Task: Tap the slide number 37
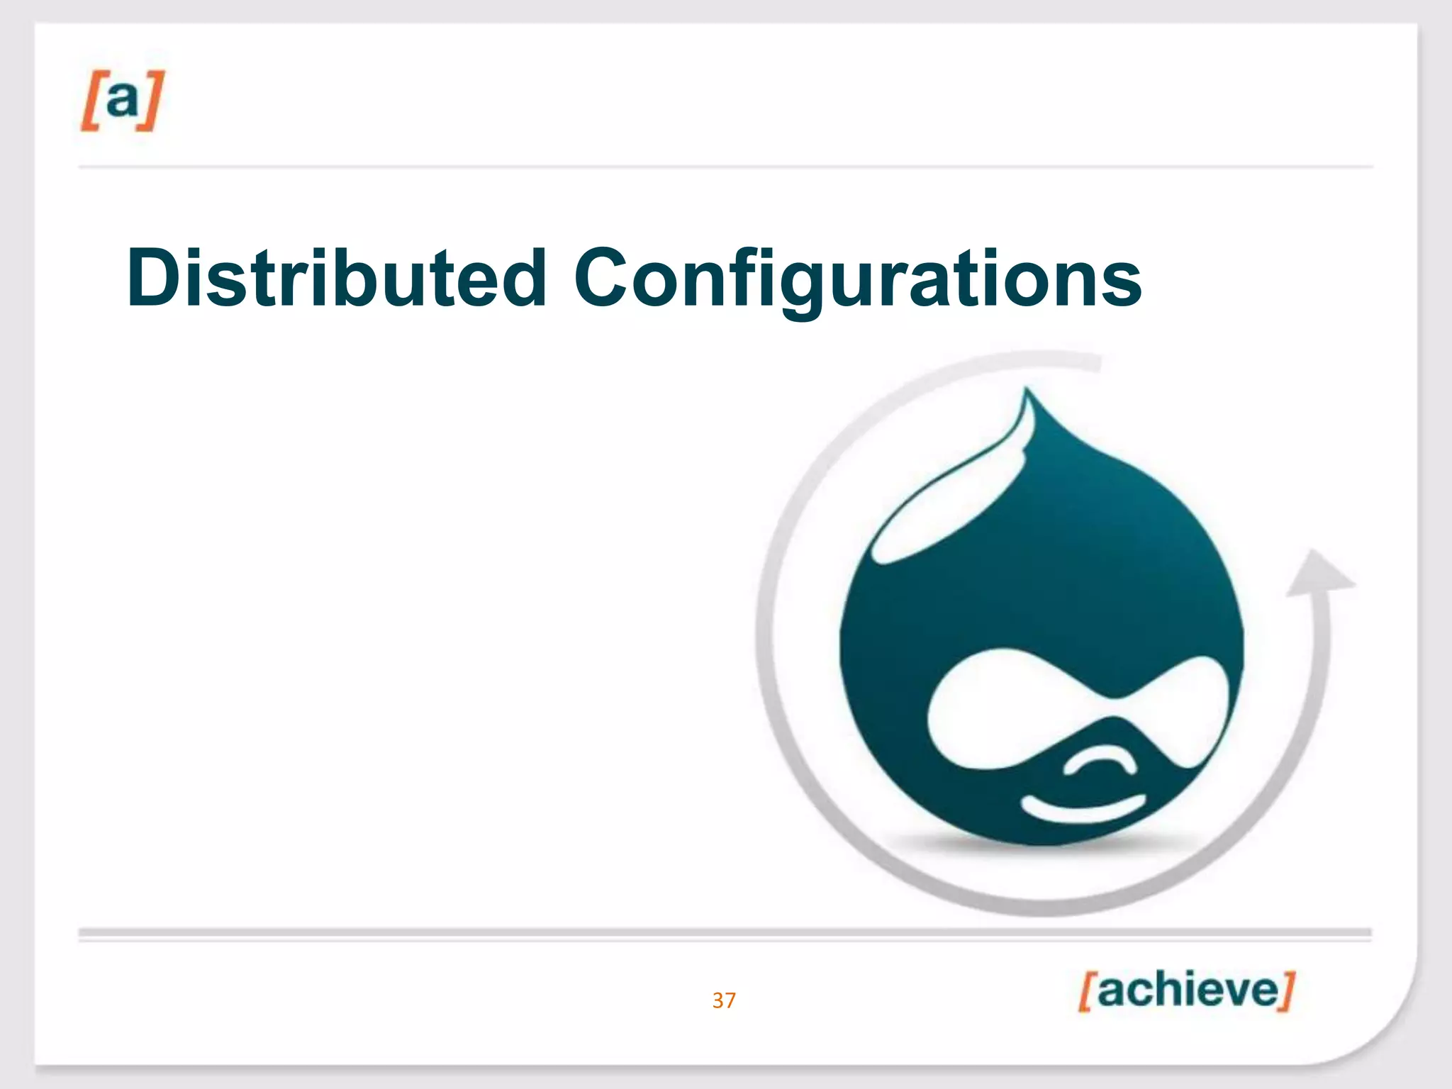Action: [724, 1000]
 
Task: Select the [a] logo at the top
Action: [122, 100]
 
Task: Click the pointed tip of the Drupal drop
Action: [1027, 394]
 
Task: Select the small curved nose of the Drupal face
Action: [1099, 762]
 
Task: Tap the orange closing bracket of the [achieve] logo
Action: [1287, 990]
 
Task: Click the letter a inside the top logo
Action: [123, 99]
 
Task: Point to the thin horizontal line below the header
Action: [723, 167]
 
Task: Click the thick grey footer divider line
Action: [723, 932]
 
